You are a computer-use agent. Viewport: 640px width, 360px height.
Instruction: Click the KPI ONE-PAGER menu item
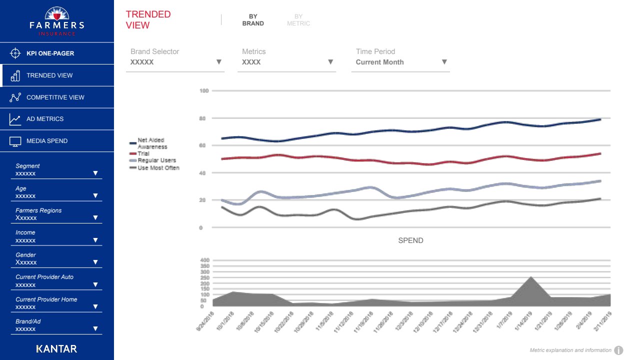[50, 53]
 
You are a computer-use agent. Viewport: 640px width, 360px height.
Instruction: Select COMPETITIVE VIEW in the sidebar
[55, 97]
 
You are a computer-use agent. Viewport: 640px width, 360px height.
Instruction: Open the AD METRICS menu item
[45, 119]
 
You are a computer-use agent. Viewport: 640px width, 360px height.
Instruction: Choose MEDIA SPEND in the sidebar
[47, 141]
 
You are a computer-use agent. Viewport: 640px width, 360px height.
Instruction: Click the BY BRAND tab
[253, 20]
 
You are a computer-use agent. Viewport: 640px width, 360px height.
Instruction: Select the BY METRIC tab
[298, 20]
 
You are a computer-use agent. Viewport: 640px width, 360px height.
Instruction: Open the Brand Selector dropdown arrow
[218, 62]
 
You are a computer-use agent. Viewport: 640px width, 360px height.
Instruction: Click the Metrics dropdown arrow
[330, 62]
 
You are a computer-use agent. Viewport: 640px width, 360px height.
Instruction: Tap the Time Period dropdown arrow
[444, 62]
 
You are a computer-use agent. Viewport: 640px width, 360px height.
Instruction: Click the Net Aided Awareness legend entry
[152, 143]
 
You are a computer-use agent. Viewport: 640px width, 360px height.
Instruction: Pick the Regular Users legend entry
[156, 160]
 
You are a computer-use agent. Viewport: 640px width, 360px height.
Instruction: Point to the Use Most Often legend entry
[158, 168]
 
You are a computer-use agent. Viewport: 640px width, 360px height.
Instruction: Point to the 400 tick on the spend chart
[204, 260]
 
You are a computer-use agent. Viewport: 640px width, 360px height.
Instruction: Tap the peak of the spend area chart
[530, 277]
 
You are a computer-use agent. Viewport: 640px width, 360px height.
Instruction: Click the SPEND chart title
[410, 240]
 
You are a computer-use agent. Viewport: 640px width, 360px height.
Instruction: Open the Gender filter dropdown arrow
[95, 262]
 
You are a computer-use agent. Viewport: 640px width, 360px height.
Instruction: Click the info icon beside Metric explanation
[618, 350]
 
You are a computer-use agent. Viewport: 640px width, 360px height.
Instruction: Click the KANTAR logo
[56, 348]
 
